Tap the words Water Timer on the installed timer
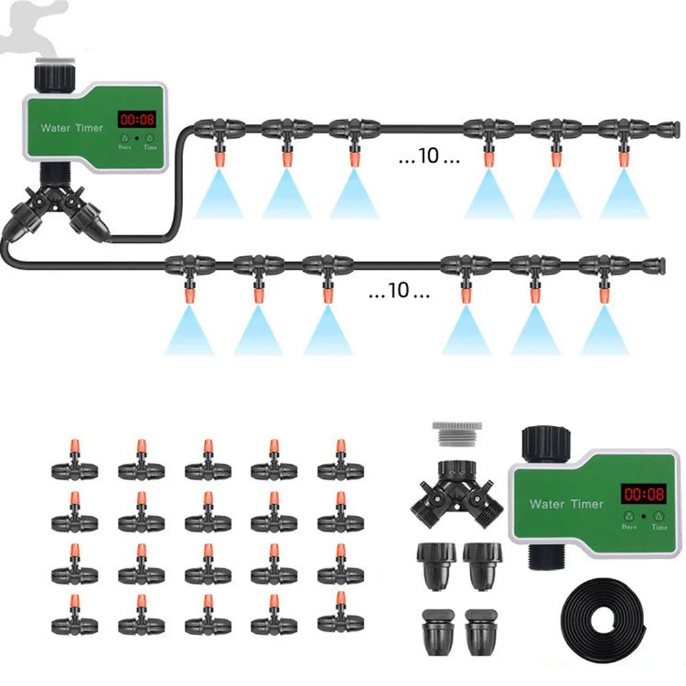tap(72, 128)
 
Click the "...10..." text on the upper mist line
tap(429, 156)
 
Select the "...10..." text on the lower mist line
tap(399, 291)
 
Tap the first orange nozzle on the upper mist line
tap(219, 159)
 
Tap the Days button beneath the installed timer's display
tap(126, 138)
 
